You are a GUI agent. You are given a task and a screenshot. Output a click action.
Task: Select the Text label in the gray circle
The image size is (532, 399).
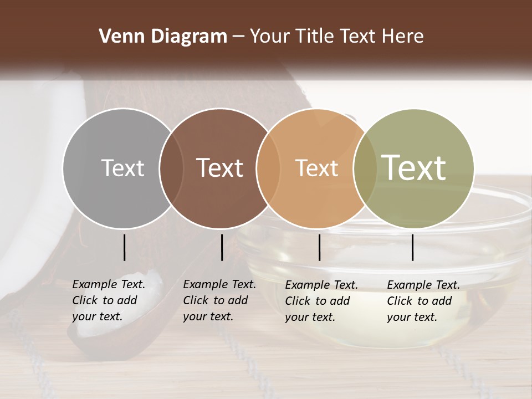(122, 168)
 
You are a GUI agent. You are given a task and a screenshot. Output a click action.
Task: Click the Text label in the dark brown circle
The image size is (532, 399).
(220, 168)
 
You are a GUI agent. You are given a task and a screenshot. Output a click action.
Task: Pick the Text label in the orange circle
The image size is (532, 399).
(316, 168)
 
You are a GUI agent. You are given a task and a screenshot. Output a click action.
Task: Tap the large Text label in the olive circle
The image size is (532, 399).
(414, 167)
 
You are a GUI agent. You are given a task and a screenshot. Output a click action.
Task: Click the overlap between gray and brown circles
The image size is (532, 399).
(171, 168)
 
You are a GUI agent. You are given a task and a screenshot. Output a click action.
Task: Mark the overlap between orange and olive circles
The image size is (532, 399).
(364, 168)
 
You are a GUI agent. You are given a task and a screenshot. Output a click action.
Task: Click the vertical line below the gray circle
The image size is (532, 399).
(124, 247)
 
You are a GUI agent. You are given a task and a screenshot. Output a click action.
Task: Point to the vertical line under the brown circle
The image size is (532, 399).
(222, 247)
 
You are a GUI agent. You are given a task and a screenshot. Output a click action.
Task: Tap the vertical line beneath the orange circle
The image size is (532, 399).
(319, 247)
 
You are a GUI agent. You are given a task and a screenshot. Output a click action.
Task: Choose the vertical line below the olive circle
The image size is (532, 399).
(412, 247)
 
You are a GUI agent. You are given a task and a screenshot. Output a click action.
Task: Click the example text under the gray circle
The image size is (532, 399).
(108, 300)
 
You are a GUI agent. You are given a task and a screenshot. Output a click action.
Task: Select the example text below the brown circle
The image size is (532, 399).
(219, 300)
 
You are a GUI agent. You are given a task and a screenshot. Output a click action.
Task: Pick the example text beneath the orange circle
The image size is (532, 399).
(321, 301)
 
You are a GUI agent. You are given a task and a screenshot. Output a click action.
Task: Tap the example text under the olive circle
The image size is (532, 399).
(423, 301)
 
